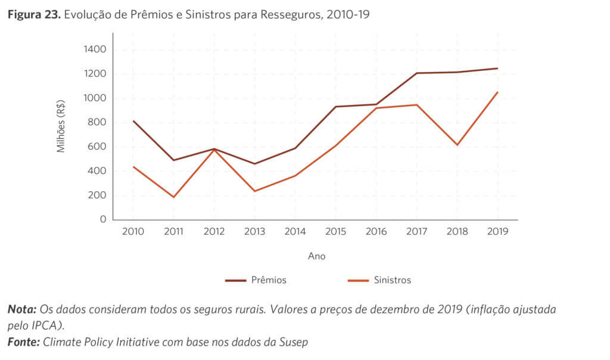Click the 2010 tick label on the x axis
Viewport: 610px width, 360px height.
tap(133, 232)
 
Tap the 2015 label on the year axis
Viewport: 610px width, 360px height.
tap(335, 232)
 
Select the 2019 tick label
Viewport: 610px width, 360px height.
tap(497, 232)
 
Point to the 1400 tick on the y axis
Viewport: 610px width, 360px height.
tap(95, 49)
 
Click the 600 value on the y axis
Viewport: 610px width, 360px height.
tap(98, 147)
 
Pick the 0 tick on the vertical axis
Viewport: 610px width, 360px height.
tap(103, 219)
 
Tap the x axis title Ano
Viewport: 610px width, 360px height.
tap(316, 256)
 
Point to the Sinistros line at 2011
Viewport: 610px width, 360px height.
tap(173, 197)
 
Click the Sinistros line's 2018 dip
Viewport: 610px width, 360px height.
tap(457, 145)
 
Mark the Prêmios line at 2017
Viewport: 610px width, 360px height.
tap(416, 73)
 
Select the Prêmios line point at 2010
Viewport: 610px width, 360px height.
tap(133, 121)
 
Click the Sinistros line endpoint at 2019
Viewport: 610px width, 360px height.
tap(497, 92)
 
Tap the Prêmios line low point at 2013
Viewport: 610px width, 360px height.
tap(254, 164)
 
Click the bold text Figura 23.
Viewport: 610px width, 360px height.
tap(32, 15)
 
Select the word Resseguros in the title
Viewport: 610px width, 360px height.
tap(287, 15)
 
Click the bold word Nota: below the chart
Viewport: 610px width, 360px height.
tap(22, 310)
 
